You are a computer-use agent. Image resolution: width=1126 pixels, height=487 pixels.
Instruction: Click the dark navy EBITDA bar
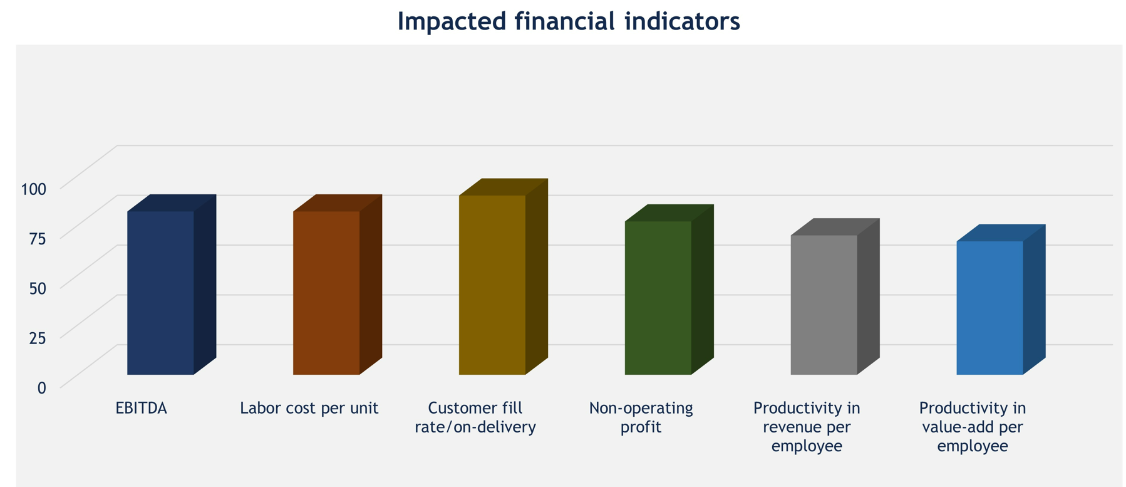(x=160, y=293)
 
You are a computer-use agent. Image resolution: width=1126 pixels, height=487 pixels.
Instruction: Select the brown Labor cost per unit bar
(x=326, y=293)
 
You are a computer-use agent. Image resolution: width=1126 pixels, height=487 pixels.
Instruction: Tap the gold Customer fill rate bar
(x=492, y=285)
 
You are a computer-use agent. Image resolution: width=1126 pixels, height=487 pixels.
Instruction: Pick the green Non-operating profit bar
(x=658, y=298)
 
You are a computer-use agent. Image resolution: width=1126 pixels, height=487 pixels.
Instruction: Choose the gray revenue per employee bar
(x=824, y=305)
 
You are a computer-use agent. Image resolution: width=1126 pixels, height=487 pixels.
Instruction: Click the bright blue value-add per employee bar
(x=990, y=308)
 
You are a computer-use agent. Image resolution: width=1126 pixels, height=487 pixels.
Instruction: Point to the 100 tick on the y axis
(x=34, y=189)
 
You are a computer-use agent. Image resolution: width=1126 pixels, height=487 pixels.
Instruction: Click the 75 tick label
(x=38, y=239)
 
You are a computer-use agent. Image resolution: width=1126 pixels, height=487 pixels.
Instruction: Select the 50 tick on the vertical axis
(x=38, y=289)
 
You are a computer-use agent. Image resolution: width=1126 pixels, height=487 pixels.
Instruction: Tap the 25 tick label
(x=38, y=338)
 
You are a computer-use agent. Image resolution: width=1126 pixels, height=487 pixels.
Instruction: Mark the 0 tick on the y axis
(x=42, y=388)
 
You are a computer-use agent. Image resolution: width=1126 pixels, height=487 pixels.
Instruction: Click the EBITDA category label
(x=142, y=409)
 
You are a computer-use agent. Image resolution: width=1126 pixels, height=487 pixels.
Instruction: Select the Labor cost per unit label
(x=309, y=409)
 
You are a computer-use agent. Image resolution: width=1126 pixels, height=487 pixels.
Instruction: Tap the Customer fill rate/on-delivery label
(x=475, y=418)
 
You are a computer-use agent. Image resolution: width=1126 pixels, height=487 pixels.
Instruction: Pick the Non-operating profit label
(x=641, y=418)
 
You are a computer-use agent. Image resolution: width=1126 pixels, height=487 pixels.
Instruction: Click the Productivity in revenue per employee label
(x=807, y=427)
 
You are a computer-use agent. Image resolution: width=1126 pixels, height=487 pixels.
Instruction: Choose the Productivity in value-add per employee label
(x=973, y=427)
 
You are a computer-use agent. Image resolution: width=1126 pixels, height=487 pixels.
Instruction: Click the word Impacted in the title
(x=451, y=21)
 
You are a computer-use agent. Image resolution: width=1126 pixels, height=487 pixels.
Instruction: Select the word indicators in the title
(x=682, y=21)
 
